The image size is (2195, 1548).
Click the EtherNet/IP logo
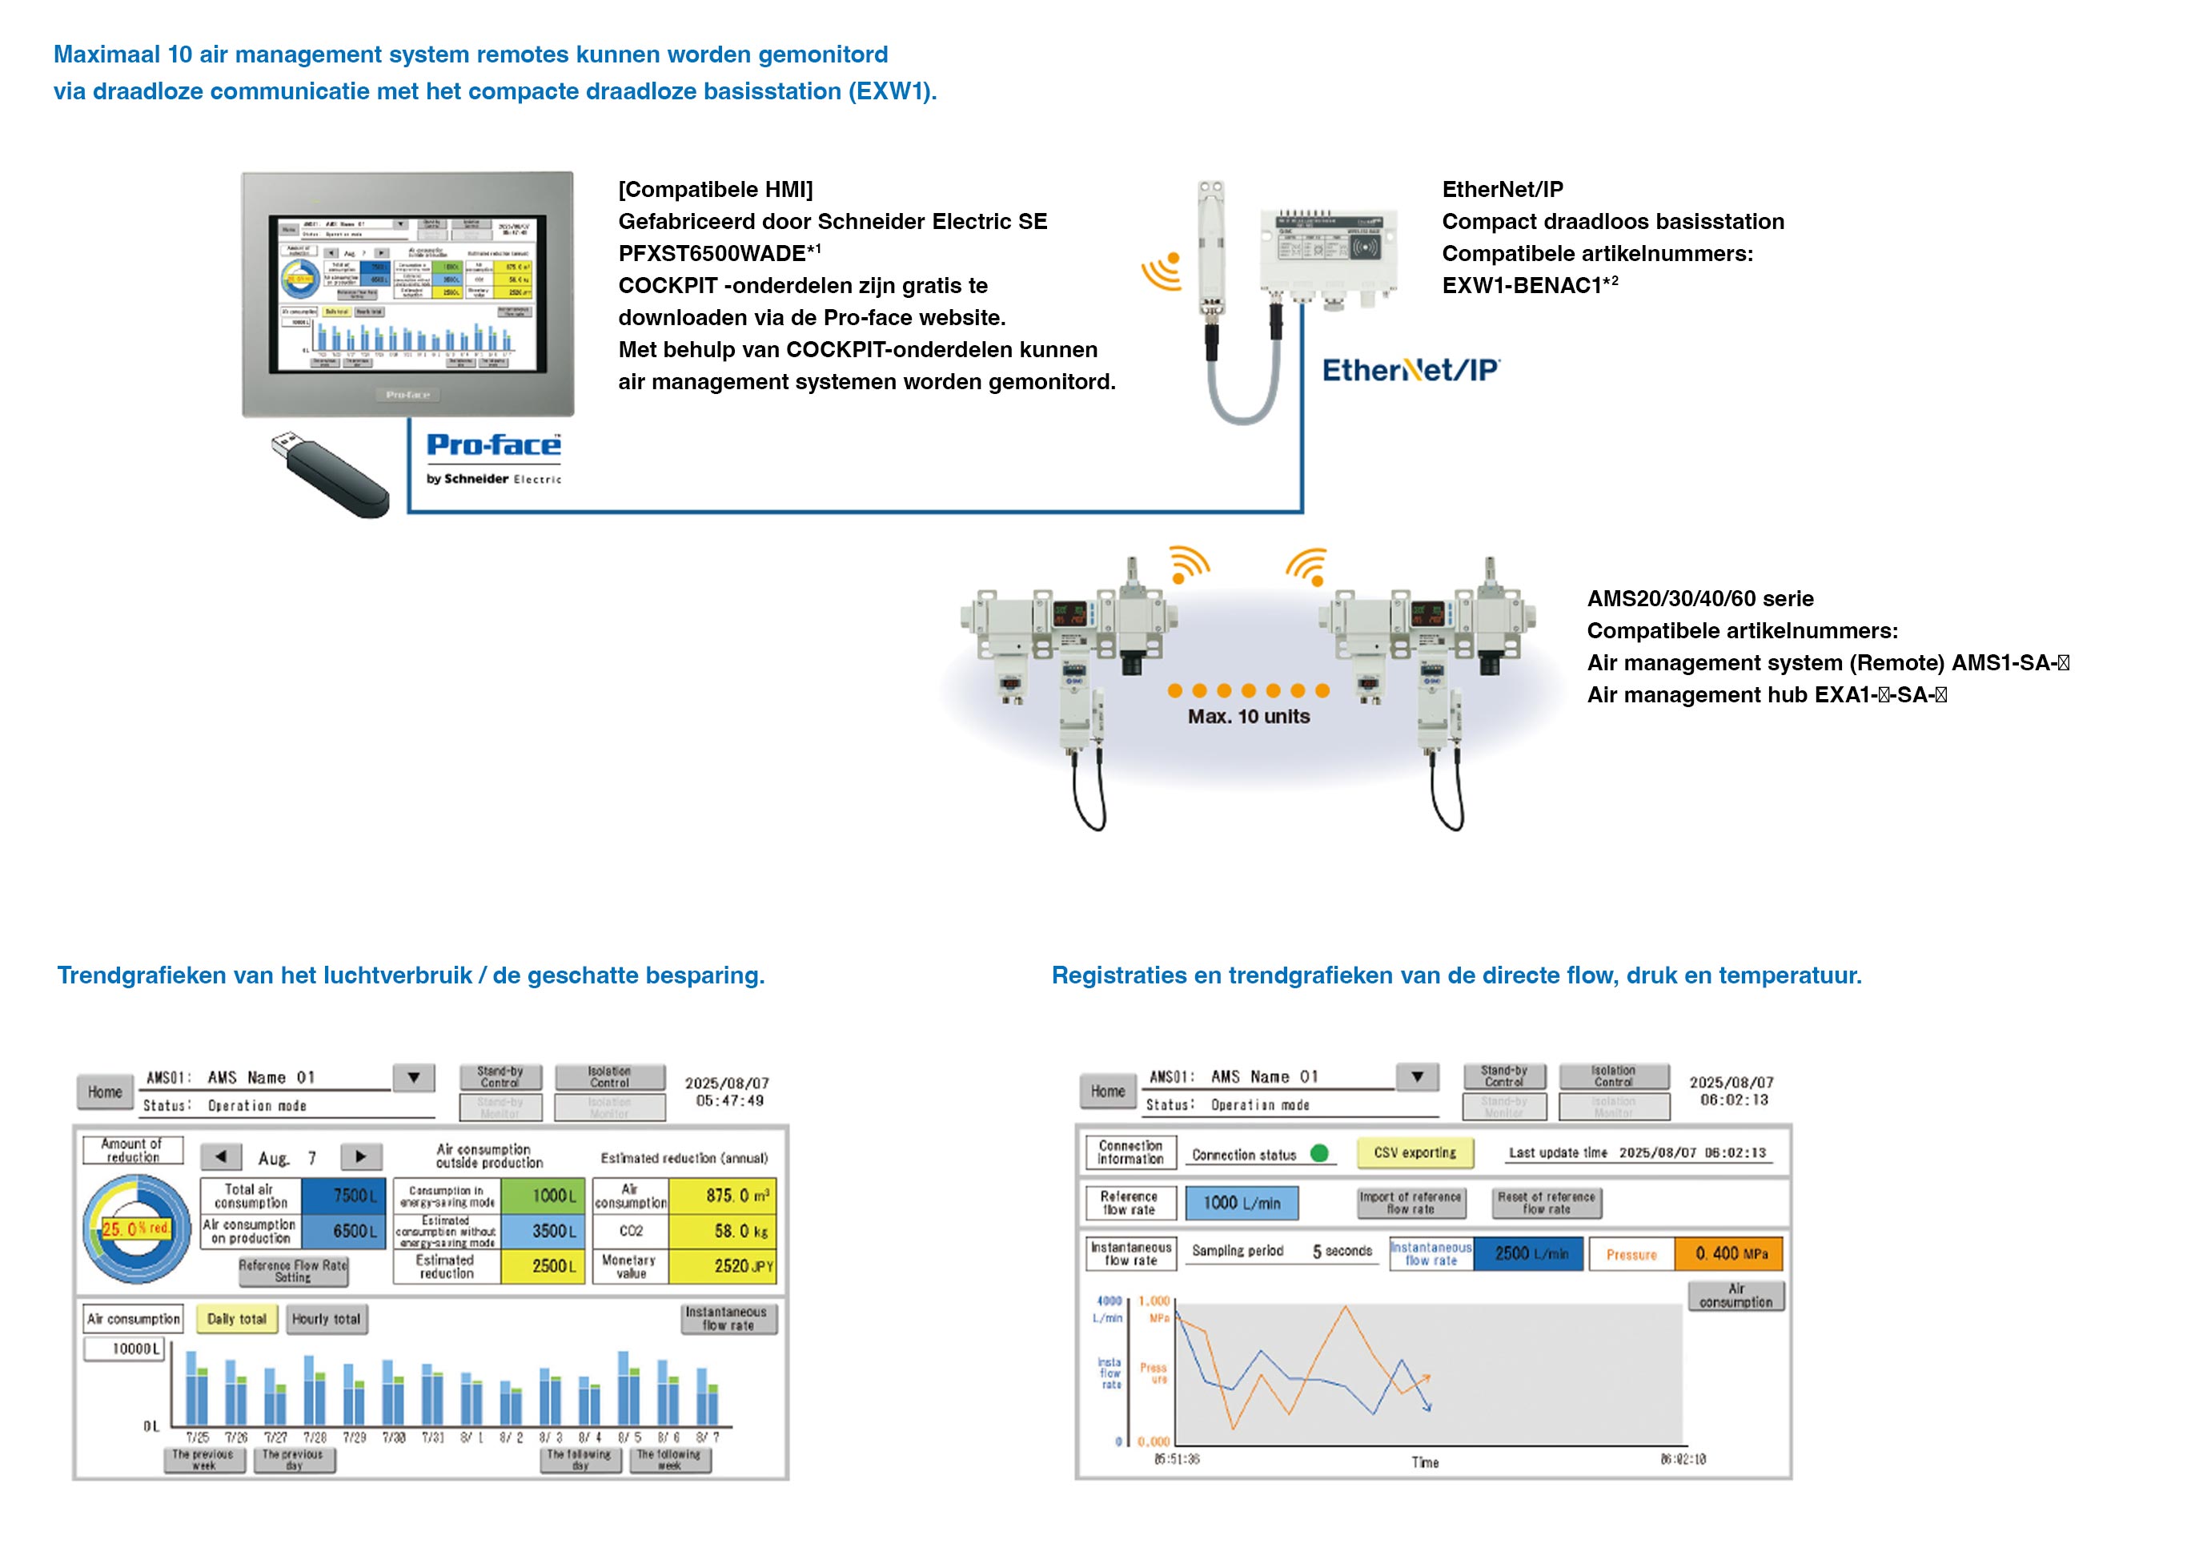pos(1410,370)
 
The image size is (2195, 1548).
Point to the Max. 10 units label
pos(1249,716)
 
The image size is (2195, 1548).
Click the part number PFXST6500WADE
pos(712,253)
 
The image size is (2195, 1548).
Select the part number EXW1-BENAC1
pos(1521,285)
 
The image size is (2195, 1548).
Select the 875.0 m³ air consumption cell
pos(722,1195)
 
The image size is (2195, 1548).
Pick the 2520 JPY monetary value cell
pos(722,1265)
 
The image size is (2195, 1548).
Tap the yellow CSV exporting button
pos(1414,1152)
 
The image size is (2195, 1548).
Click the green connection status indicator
pos(1319,1153)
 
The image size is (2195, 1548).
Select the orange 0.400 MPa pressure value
pos(1728,1253)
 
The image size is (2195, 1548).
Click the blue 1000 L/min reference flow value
pos(1241,1203)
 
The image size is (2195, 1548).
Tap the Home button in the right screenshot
pos(1107,1091)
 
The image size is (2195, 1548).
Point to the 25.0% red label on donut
pos(136,1228)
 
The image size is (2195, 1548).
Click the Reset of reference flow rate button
pos(1545,1203)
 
